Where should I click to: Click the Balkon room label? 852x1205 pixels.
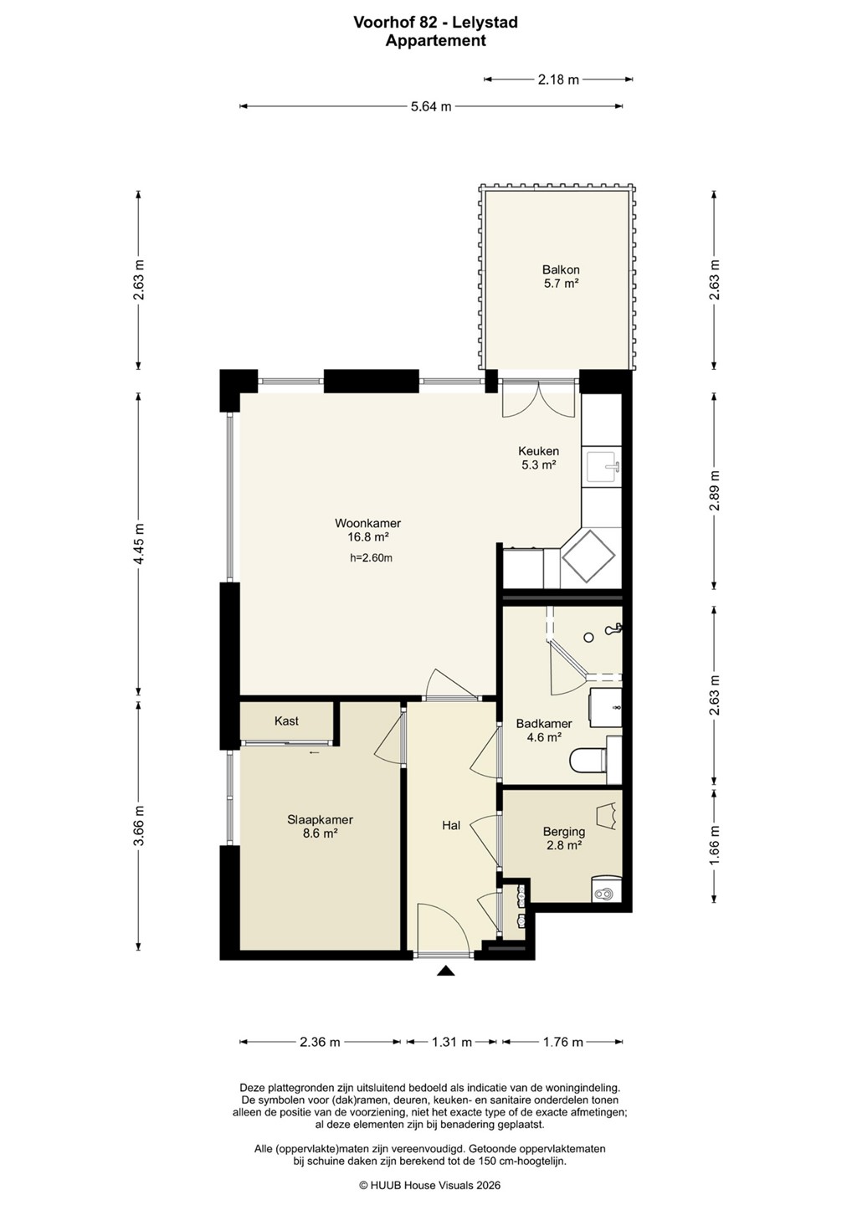click(x=561, y=269)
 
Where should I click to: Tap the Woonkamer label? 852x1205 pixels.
click(x=368, y=523)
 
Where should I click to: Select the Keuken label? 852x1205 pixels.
click(x=538, y=451)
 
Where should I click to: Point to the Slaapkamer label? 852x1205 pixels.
click(x=320, y=820)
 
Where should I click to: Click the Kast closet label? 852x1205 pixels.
click(x=286, y=720)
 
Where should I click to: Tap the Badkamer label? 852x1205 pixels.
click(x=544, y=724)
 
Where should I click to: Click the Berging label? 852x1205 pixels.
click(x=564, y=832)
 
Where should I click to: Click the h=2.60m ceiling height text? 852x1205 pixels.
click(x=371, y=558)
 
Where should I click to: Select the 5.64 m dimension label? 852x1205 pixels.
click(x=431, y=106)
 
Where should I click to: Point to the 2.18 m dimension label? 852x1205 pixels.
click(x=558, y=80)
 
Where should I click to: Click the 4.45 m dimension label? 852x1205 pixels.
click(x=139, y=543)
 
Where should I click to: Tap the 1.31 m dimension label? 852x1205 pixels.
click(x=452, y=1042)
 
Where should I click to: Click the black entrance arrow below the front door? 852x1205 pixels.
click(x=444, y=970)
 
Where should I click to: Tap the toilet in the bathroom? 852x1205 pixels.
click(x=588, y=760)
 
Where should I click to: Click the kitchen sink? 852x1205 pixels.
click(x=603, y=468)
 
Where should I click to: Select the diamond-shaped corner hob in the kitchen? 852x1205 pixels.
click(x=588, y=556)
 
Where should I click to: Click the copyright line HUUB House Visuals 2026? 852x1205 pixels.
click(x=429, y=1185)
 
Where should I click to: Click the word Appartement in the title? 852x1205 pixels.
click(x=436, y=41)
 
